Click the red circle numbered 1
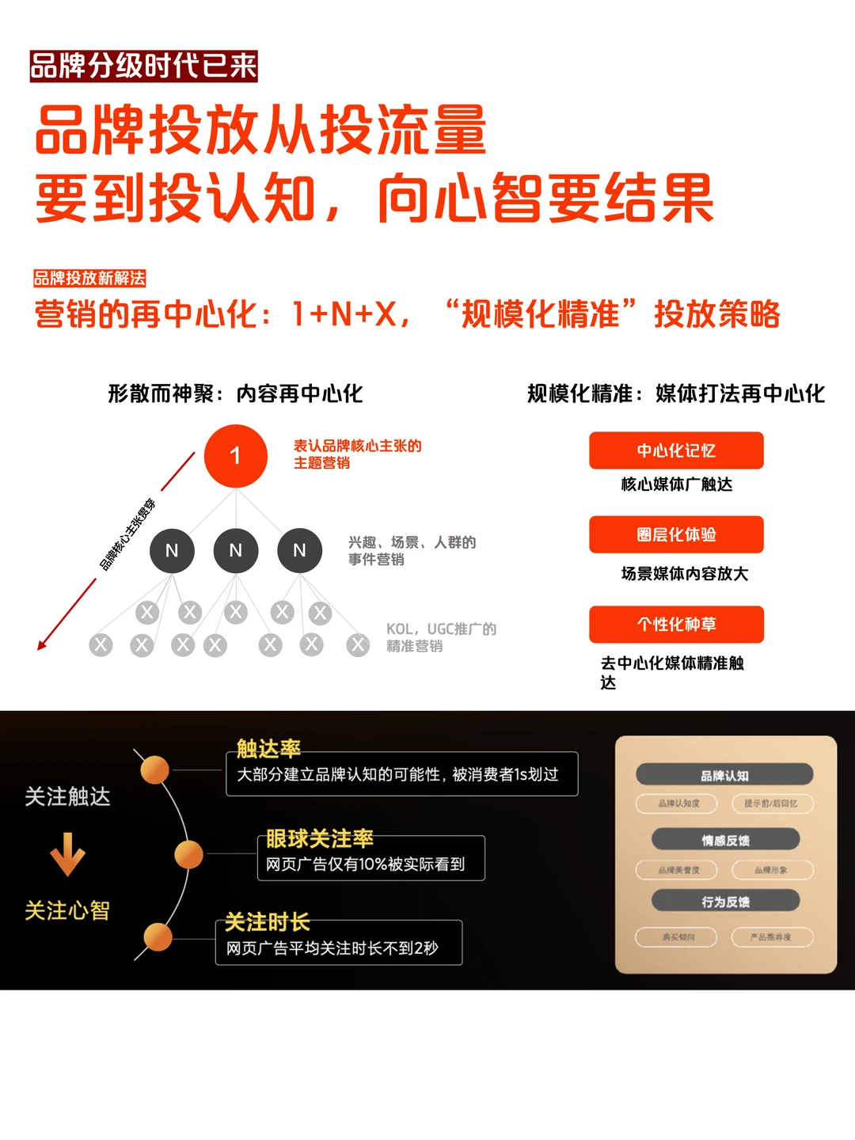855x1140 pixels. point(235,456)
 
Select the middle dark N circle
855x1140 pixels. point(235,550)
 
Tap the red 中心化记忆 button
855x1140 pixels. point(676,450)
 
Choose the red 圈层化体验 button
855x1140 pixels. point(676,534)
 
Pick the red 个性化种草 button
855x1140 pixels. point(676,624)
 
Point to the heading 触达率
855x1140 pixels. point(268,748)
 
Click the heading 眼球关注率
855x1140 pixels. point(319,838)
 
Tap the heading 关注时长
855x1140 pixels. point(267,922)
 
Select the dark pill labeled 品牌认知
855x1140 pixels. point(724,775)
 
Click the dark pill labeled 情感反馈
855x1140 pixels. point(725,840)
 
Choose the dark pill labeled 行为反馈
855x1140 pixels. point(725,901)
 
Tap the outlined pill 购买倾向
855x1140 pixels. point(678,937)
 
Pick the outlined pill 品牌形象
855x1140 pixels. point(770,870)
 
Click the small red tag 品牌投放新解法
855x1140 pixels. point(89,278)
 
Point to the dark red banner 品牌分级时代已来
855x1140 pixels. point(143,66)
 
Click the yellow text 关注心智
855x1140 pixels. point(67,910)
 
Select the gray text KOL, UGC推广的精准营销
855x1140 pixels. point(440,637)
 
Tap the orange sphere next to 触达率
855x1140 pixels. point(154,769)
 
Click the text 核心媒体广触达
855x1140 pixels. point(676,484)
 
